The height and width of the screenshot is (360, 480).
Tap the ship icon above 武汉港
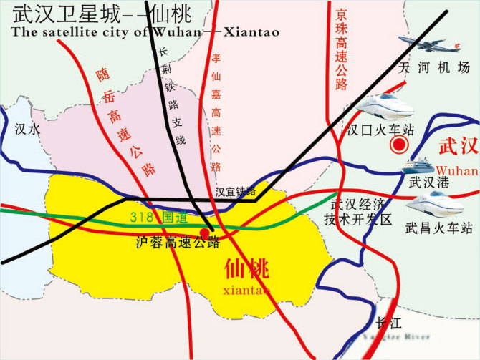coord(418,165)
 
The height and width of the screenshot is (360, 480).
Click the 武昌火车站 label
coord(438,228)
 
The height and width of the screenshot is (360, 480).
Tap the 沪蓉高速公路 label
coord(177,243)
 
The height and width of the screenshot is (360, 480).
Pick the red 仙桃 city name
coord(246,270)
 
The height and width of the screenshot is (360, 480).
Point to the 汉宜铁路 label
coord(235,192)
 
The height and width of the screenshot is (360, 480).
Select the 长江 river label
coord(388,322)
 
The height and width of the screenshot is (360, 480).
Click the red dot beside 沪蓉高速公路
coord(205,233)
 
